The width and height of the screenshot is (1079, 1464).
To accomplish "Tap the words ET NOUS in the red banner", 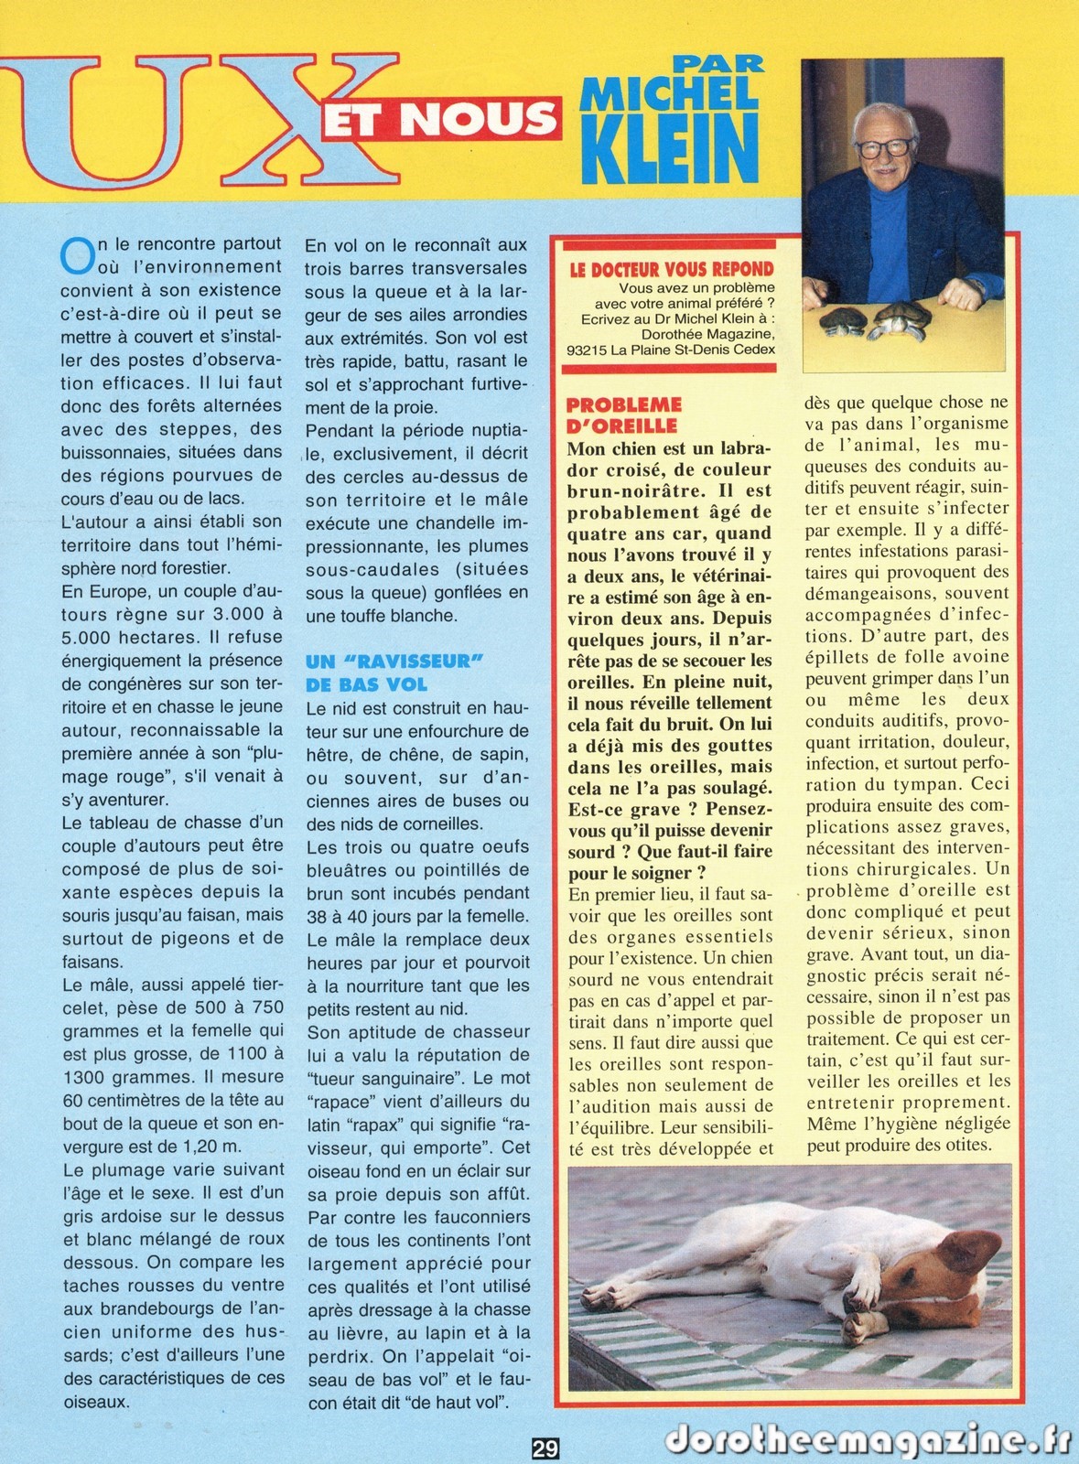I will point(439,117).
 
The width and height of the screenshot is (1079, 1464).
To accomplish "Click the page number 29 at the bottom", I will point(545,1448).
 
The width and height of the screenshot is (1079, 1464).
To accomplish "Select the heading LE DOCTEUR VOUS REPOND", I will point(671,269).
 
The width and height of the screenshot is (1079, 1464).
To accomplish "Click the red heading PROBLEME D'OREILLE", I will point(624,414).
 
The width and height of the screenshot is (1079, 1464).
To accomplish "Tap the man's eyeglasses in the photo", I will point(883,147).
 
